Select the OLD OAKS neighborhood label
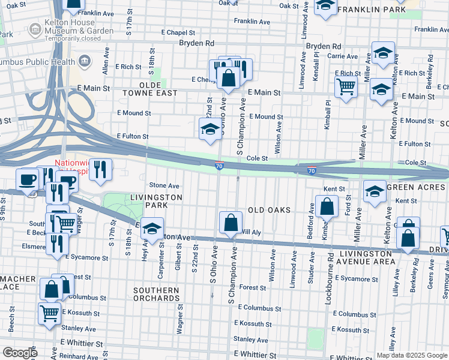[x=269, y=210]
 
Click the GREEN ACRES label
[x=418, y=188]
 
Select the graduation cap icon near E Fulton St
[x=209, y=129]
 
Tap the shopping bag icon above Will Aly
[x=231, y=223]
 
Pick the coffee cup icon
[x=28, y=179]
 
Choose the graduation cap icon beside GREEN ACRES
[x=375, y=192]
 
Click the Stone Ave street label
[x=164, y=186]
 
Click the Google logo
[x=20, y=353]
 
